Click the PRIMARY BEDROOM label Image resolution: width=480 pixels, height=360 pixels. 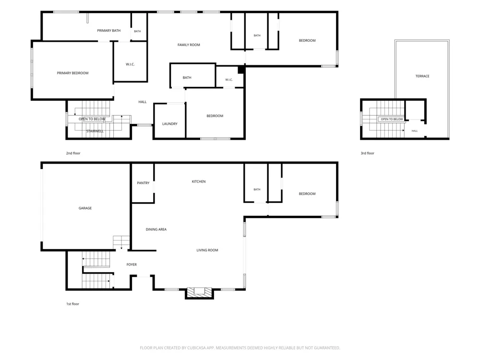(x=72, y=73)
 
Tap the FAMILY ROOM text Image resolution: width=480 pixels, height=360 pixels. (x=189, y=45)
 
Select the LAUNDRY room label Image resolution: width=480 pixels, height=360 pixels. (x=169, y=124)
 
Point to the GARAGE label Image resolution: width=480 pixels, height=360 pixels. (x=85, y=208)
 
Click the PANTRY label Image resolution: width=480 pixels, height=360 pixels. (x=143, y=183)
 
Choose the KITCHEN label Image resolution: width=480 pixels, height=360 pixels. (x=199, y=181)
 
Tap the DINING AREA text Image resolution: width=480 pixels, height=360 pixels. (x=156, y=229)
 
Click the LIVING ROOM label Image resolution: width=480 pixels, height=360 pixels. (x=207, y=250)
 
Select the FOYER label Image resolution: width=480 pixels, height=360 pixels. (x=132, y=264)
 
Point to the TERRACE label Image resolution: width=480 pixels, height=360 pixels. (x=422, y=76)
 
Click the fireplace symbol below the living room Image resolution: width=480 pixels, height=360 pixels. (x=199, y=292)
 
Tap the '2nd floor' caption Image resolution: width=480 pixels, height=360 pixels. (x=73, y=153)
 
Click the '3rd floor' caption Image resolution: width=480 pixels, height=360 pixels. (x=367, y=153)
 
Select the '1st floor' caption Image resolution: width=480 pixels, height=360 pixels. (x=72, y=304)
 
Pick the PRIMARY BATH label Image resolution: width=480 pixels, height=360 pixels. (x=108, y=31)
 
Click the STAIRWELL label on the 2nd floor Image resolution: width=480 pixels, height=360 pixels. (x=95, y=132)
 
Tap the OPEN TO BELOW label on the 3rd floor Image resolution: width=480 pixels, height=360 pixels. (x=392, y=119)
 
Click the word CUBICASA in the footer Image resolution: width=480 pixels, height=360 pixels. (x=196, y=348)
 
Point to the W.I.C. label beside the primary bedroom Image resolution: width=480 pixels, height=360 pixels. (x=130, y=64)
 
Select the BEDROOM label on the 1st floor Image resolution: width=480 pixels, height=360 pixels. (x=307, y=194)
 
